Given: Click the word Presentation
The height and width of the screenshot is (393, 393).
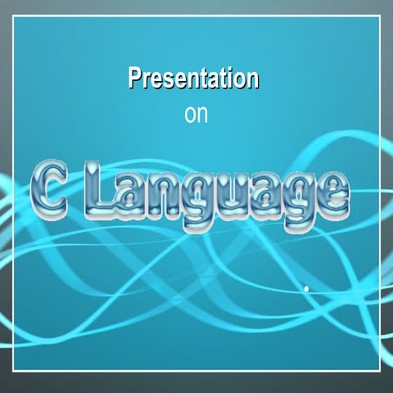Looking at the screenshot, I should pyautogui.click(x=194, y=79).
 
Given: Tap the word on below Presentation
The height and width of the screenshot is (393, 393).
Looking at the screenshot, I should pyautogui.click(x=196, y=115).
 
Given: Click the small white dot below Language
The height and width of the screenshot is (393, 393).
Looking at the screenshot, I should pyautogui.click(x=306, y=288).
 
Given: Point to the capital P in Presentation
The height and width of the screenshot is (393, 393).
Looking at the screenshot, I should pyautogui.click(x=135, y=79).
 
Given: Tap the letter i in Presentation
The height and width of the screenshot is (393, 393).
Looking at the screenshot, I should pyautogui.click(x=230, y=79).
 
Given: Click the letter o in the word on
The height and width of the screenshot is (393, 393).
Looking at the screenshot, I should pyautogui.click(x=191, y=115).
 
